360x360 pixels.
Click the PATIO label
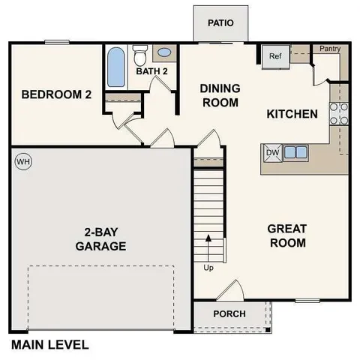coord(220,22)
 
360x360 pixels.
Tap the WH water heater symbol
coord(22,161)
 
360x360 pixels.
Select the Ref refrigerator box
coord(274,56)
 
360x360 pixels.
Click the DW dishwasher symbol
coord(272,152)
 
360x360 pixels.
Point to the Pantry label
coord(330,49)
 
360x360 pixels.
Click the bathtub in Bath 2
coord(115,67)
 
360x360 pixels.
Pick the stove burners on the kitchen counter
coord(340,112)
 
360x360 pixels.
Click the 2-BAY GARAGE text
coord(100,238)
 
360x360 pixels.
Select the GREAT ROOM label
coord(287,235)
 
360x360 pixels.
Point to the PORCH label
coord(229,313)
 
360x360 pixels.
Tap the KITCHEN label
coord(292,114)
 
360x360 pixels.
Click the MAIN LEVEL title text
coord(49,345)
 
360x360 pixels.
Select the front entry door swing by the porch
coord(231,290)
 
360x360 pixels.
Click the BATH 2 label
coord(154,71)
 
